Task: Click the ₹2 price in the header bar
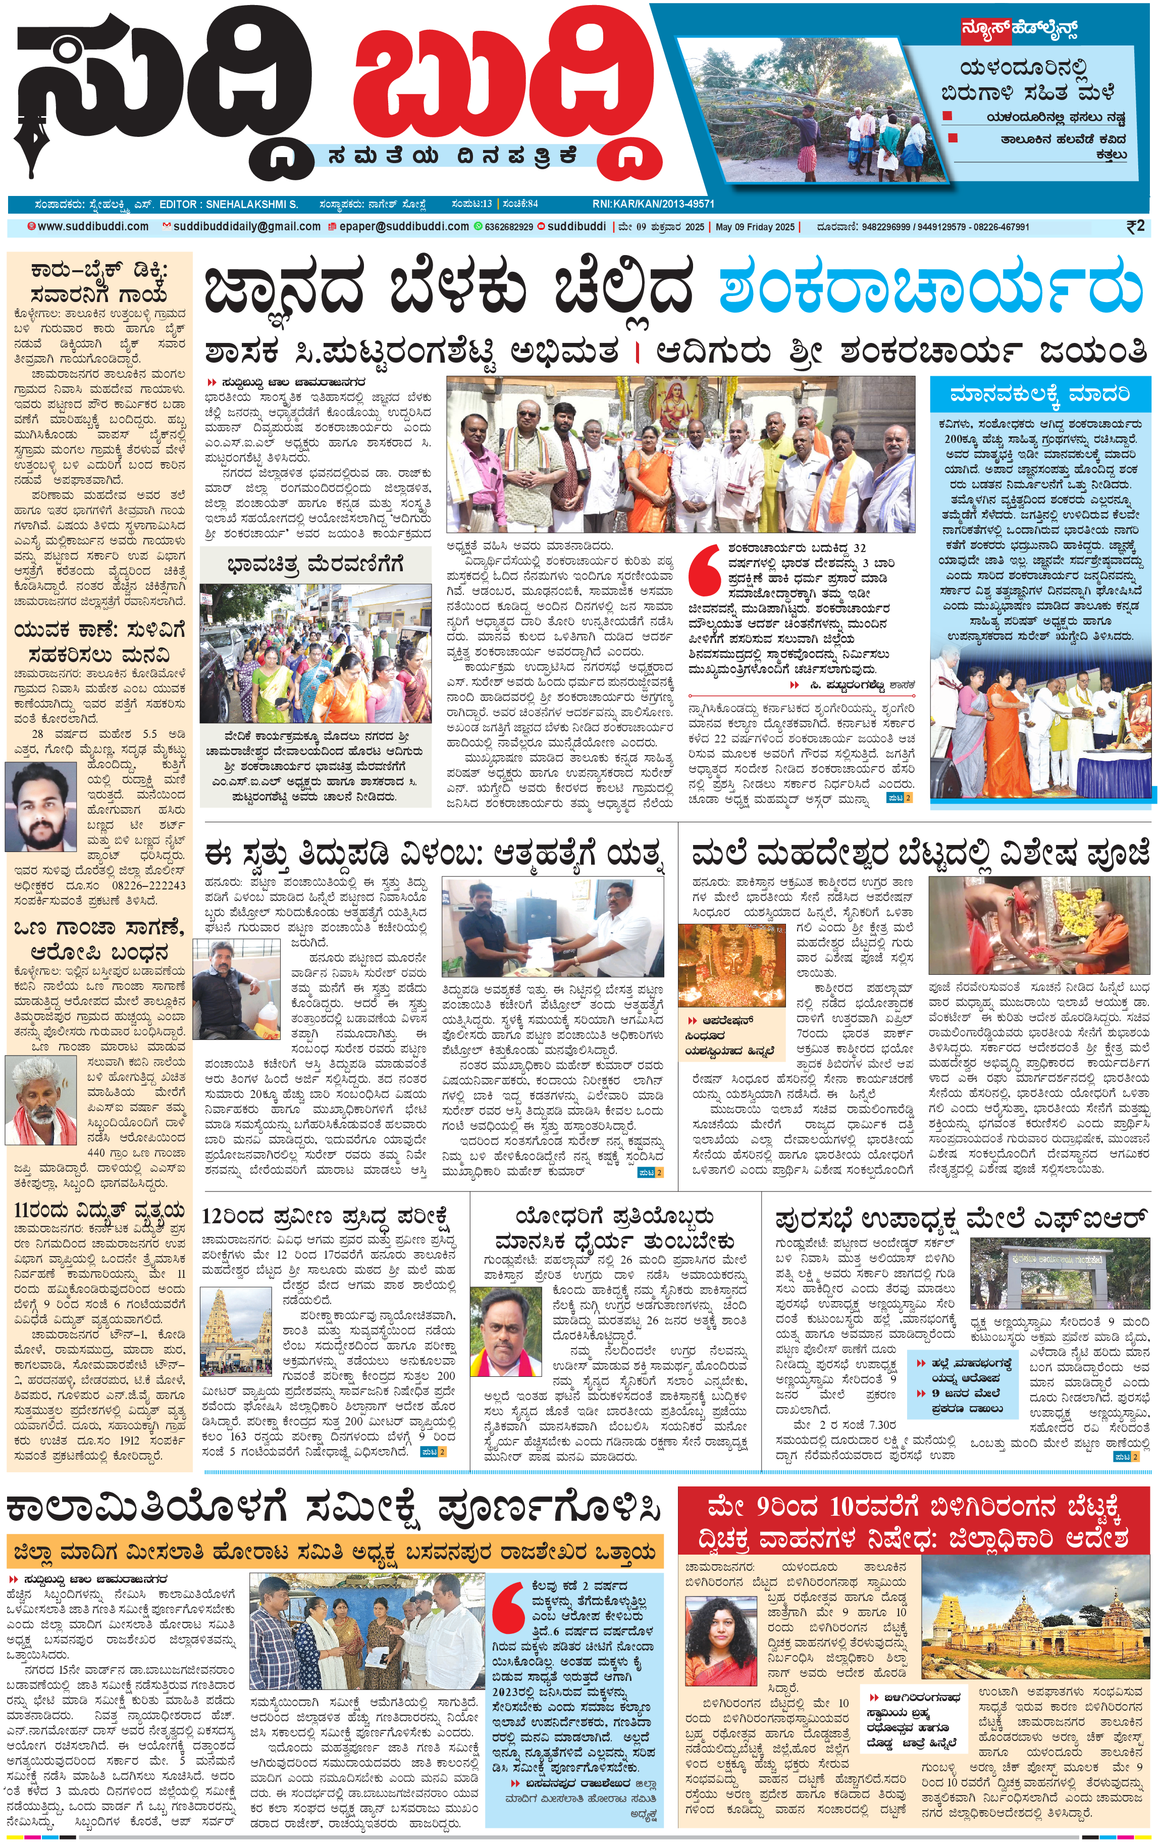point(1135,226)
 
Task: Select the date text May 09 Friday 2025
point(755,227)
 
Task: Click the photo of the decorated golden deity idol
point(732,965)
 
